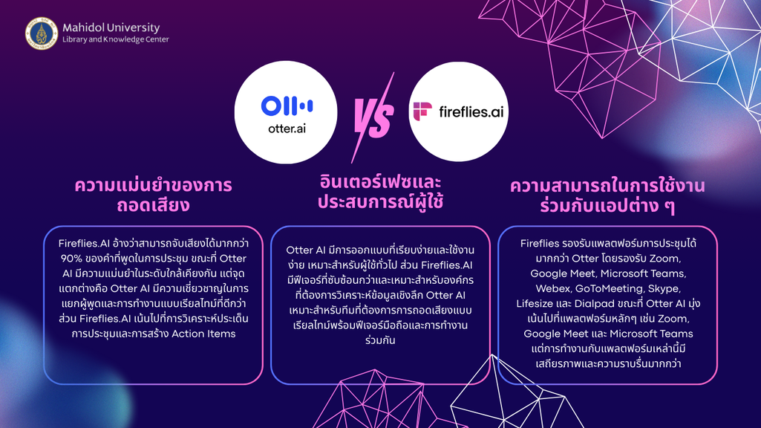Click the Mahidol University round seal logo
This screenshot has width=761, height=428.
click(42, 33)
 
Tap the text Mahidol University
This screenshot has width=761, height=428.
click(111, 27)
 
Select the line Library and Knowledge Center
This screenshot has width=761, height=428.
click(116, 39)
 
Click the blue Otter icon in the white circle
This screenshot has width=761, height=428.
click(287, 106)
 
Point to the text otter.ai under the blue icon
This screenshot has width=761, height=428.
click(287, 129)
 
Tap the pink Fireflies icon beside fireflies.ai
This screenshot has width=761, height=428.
click(422, 111)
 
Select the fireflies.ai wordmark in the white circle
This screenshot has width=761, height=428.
click(471, 111)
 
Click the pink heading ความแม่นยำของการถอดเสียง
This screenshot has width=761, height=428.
click(153, 195)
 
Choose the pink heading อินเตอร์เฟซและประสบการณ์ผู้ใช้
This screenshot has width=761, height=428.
click(380, 192)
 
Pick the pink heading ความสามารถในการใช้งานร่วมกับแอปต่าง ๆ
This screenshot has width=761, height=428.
click(607, 195)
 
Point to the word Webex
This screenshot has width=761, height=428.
click(553, 288)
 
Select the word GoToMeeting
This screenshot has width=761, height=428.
click(609, 288)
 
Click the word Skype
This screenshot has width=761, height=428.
click(664, 288)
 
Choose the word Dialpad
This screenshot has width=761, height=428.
click(594, 304)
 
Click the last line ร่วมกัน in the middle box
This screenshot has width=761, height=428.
click(380, 340)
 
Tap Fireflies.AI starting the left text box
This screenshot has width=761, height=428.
click(82, 244)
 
